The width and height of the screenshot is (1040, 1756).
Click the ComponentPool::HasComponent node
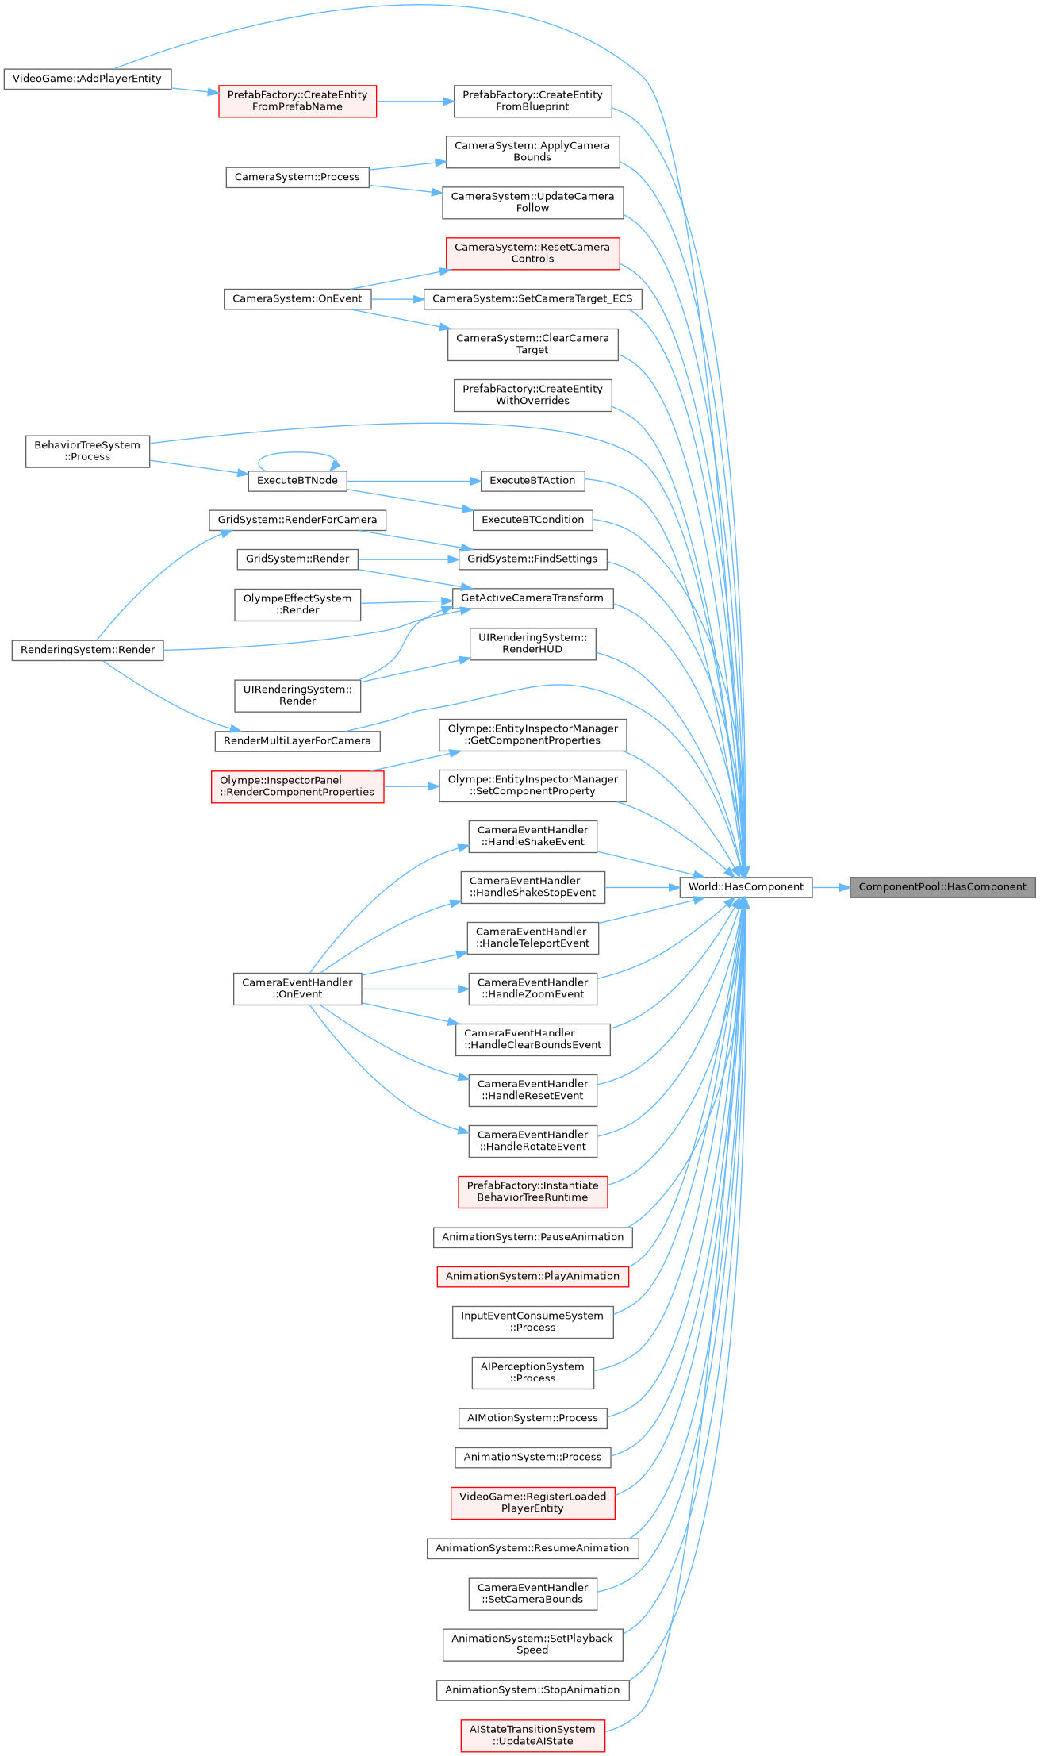click(942, 887)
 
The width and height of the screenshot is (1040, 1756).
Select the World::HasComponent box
click(746, 887)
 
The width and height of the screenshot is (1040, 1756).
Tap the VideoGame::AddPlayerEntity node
click(87, 79)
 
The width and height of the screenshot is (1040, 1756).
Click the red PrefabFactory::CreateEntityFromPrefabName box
click(297, 101)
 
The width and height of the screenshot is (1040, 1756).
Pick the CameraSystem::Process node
click(297, 177)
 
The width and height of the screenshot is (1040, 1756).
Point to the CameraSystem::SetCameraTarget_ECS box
click(532, 298)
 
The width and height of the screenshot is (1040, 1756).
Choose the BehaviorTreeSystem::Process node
click(87, 451)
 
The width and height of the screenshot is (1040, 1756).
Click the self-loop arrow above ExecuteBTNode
click(298, 454)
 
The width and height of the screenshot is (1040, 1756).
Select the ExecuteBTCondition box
click(532, 520)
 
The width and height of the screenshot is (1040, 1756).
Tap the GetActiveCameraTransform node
click(532, 598)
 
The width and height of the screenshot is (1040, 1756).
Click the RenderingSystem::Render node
click(87, 650)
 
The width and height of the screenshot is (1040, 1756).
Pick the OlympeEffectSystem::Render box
click(297, 604)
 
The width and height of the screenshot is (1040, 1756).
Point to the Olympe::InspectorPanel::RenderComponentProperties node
click(297, 786)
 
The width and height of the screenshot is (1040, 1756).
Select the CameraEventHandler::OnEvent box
click(297, 988)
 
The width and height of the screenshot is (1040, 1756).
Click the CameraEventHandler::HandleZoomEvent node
click(532, 988)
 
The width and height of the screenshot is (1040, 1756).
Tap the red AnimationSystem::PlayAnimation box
click(532, 1276)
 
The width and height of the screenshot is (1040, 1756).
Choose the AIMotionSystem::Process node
click(532, 1418)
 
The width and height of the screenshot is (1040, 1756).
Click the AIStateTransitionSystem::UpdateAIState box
click(532, 1735)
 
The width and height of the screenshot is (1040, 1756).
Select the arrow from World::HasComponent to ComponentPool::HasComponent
click(831, 887)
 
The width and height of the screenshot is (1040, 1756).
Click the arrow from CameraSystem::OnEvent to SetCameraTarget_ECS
click(397, 299)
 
